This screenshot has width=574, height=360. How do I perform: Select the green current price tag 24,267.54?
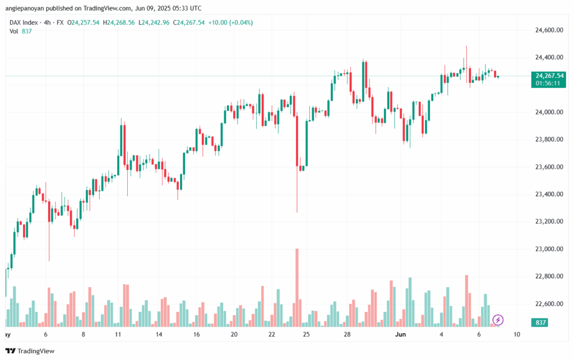click(x=549, y=76)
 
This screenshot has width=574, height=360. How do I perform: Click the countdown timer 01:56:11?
click(x=549, y=83)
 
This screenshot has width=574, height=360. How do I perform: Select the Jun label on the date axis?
click(x=400, y=334)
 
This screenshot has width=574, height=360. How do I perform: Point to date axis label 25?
click(x=306, y=334)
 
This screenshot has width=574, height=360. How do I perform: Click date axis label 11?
click(x=118, y=334)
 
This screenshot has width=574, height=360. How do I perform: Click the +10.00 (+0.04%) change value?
click(x=230, y=22)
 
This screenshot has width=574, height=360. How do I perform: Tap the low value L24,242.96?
click(x=152, y=22)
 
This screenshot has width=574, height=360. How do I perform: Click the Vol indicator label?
click(x=15, y=31)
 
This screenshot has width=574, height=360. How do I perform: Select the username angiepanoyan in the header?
click(x=32, y=8)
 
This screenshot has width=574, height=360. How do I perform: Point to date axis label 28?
click(x=347, y=334)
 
